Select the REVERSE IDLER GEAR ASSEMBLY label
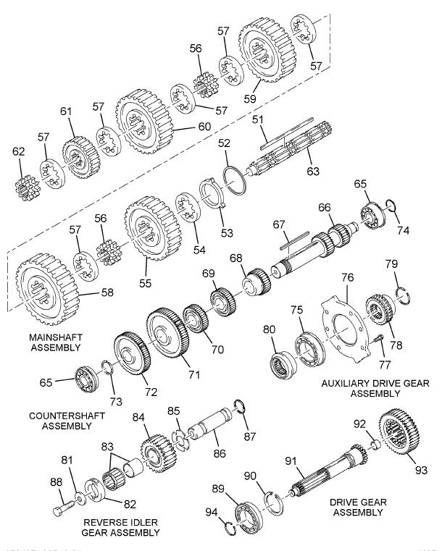click(x=120, y=526)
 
